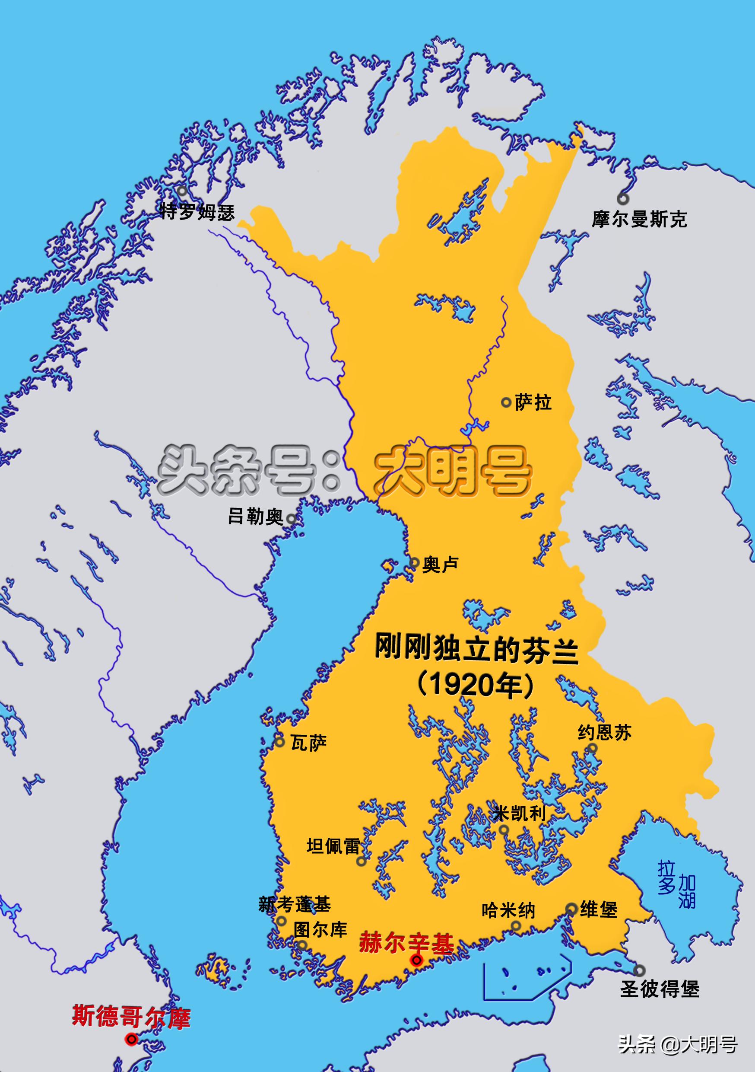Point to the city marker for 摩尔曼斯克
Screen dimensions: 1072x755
click(622, 199)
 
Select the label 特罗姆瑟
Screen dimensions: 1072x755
click(197, 212)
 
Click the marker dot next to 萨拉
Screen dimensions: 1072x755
click(506, 402)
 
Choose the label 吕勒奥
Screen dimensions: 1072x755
click(256, 517)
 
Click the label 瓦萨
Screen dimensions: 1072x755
click(308, 742)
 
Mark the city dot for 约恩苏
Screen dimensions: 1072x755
click(593, 748)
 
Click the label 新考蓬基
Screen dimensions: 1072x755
click(295, 904)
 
